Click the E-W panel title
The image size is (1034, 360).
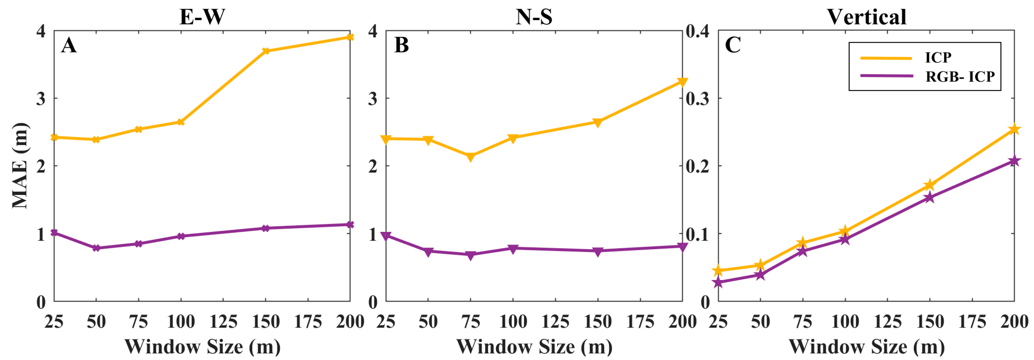tap(202, 17)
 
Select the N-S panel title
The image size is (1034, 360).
tap(534, 17)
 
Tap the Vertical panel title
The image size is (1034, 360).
tap(866, 17)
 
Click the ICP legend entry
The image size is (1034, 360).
tap(938, 58)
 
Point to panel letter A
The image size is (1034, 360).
tap(69, 45)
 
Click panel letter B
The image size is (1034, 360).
tap(401, 45)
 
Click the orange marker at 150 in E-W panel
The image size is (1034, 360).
tap(265, 51)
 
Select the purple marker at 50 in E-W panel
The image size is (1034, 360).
tap(96, 248)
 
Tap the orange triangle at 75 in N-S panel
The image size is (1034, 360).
tap(471, 157)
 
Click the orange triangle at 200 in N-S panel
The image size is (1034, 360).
tap(682, 82)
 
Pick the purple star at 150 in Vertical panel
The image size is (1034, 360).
tap(930, 197)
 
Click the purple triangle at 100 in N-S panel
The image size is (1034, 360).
tap(513, 249)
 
